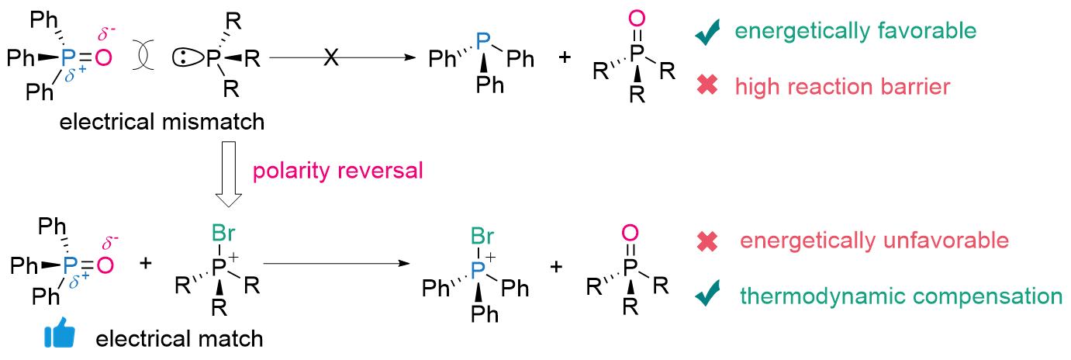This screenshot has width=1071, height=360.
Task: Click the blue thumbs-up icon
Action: (60, 336)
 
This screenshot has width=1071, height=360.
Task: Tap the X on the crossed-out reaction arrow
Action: (331, 59)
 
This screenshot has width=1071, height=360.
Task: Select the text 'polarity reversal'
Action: (339, 171)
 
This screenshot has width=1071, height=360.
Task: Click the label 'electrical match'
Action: (179, 338)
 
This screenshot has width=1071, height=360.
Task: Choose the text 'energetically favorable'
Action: (855, 31)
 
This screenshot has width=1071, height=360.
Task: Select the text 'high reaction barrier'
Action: (843, 86)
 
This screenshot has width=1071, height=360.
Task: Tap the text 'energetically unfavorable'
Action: (874, 241)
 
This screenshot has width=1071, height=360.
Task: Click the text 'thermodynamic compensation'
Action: (901, 296)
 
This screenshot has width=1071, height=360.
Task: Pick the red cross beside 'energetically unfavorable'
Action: (707, 241)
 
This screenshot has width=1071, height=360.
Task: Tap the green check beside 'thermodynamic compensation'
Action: (707, 296)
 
